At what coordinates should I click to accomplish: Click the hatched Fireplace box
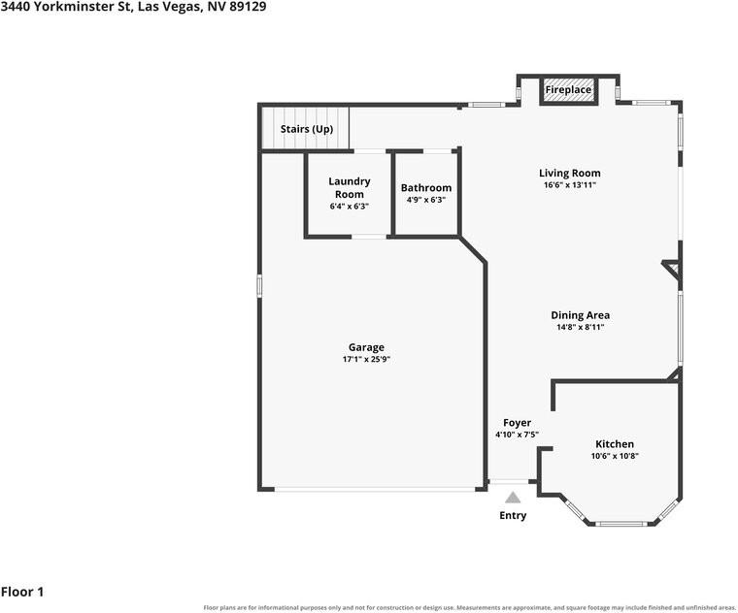point(568,89)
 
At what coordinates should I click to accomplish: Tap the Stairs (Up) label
point(307,129)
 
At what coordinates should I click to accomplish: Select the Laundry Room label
point(350,187)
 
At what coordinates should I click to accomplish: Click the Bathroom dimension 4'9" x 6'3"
point(426,200)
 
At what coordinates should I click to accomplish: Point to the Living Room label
point(569,173)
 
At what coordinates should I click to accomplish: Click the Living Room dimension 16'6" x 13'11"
point(569,185)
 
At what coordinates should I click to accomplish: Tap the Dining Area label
point(581,315)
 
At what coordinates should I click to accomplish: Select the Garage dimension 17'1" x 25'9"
point(367,360)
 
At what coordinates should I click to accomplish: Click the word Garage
point(367,347)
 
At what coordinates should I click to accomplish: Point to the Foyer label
point(517,423)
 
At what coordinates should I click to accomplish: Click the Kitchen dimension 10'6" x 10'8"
point(615,456)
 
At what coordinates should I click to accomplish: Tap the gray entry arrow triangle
point(513,498)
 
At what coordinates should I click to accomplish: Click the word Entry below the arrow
point(513,516)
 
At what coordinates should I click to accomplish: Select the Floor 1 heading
point(22,592)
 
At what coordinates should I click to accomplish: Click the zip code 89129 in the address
point(248,7)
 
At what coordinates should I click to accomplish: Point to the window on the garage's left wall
point(259,286)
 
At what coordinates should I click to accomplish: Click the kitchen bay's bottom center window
point(621,523)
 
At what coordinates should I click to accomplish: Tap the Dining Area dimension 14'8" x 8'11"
point(581,328)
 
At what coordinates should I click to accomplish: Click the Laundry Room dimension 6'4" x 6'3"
point(350,207)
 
